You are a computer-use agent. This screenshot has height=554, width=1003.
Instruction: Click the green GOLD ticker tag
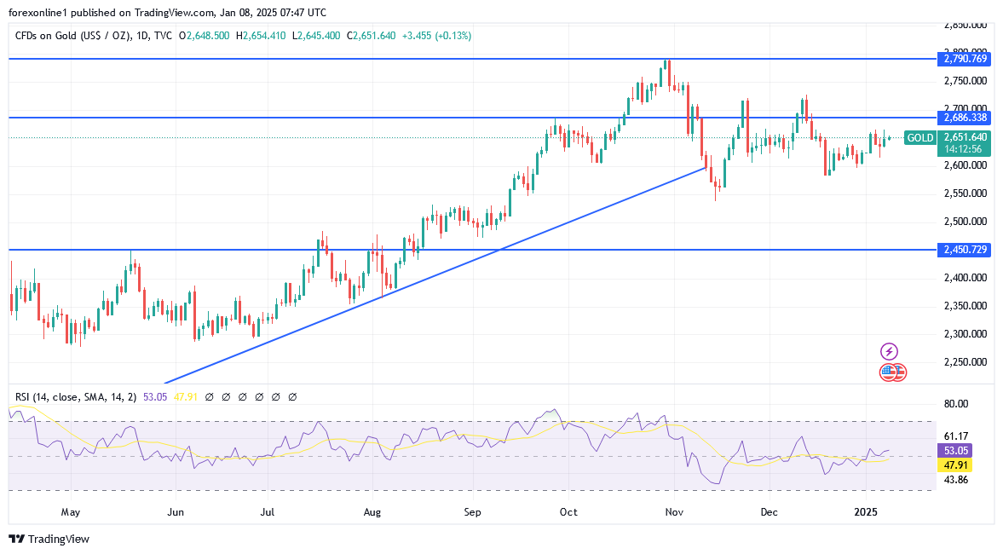919,137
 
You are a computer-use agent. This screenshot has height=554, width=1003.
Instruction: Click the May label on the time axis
71,512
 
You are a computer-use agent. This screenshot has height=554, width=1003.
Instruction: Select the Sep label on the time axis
473,512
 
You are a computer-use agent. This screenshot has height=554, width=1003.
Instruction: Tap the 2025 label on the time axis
867,512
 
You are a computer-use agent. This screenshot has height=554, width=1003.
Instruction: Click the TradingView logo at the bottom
49,539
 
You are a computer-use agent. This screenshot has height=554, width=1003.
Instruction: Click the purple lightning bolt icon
889,351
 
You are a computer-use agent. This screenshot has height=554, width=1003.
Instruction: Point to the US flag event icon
889,372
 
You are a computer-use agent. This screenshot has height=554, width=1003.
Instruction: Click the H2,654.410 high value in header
261,36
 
